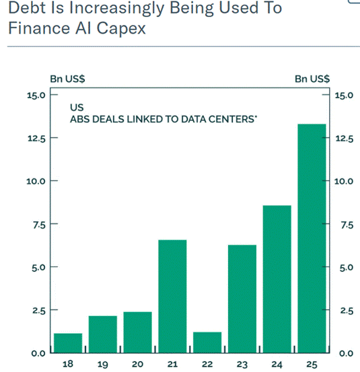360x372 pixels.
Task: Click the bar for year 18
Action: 67,342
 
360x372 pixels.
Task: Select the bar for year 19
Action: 102,334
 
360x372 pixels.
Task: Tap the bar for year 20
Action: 137,332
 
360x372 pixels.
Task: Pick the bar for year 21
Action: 172,296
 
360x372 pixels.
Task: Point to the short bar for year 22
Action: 207,342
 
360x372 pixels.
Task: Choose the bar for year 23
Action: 242,299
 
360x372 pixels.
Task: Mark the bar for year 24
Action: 277,278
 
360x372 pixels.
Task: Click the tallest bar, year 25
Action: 312,238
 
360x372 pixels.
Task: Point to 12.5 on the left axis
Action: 34,138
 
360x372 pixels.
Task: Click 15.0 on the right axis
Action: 345,95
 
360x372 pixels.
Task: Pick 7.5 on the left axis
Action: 36,224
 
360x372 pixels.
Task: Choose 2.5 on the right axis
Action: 345,310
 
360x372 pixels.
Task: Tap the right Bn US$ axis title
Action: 312,79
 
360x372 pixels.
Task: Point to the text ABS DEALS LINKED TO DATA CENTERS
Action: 165,119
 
